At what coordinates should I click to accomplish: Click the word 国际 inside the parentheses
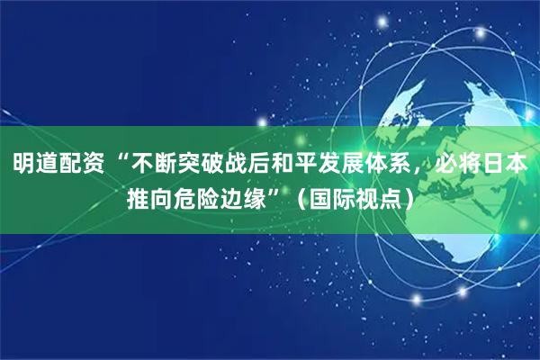coord(336,197)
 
